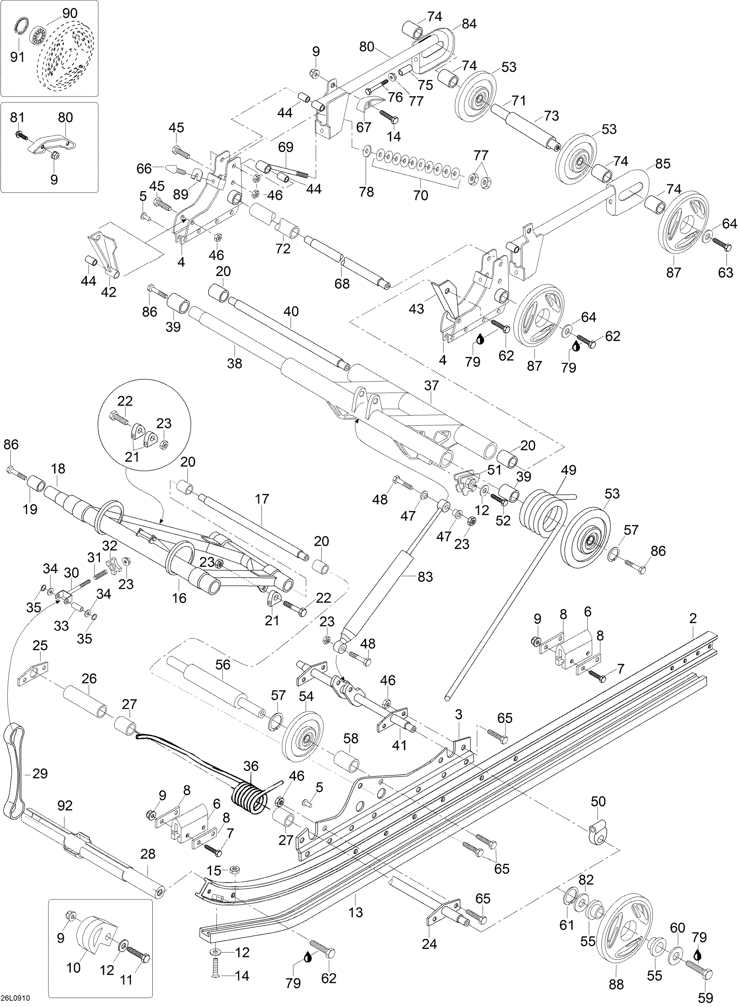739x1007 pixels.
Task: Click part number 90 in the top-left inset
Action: [69, 13]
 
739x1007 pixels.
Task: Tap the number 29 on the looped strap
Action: [40, 773]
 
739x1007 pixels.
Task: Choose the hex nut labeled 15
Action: [234, 870]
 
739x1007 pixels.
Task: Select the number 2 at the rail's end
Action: [693, 619]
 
